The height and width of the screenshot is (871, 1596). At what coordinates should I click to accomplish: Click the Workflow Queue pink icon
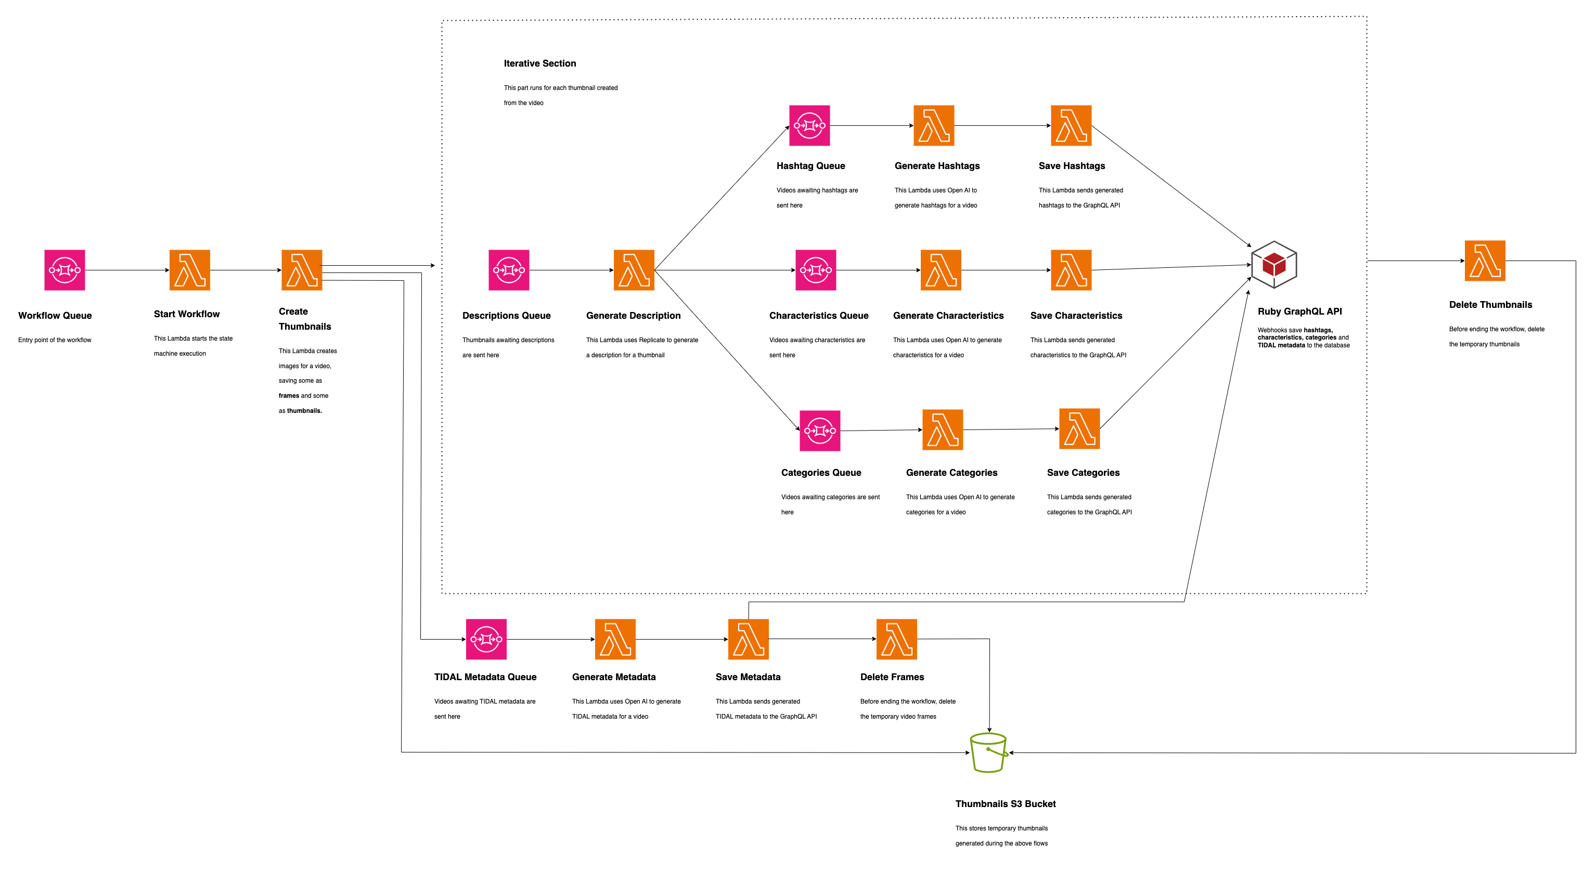point(65,270)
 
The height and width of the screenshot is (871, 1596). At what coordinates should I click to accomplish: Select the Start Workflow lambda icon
point(189,270)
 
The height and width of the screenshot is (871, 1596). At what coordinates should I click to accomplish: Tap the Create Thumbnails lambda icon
point(302,270)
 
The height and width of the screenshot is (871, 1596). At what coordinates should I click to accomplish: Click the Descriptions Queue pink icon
point(509,270)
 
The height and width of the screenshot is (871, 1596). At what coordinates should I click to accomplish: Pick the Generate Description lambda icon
point(634,270)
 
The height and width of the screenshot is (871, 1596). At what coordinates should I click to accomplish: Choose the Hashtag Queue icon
point(809,126)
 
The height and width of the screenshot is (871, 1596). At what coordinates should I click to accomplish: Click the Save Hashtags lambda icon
point(1071,126)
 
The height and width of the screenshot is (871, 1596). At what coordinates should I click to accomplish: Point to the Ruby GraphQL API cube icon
point(1274,265)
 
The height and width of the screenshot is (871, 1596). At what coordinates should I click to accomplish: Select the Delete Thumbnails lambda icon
point(1485,261)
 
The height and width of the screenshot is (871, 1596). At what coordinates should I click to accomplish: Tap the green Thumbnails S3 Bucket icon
point(988,752)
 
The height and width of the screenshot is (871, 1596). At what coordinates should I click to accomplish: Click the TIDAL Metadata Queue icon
point(486,639)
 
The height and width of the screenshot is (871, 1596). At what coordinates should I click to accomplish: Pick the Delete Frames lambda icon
point(896,639)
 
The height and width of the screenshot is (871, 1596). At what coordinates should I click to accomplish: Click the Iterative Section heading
point(539,63)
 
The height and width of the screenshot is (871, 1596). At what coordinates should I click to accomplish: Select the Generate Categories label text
point(951,473)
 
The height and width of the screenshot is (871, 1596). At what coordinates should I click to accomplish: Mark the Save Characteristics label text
point(1076,315)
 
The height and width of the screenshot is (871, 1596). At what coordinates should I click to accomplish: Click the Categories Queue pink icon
point(820,431)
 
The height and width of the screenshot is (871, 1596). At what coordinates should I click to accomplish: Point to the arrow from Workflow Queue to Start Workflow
point(127,270)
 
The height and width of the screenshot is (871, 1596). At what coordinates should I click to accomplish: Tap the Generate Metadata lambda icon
point(615,639)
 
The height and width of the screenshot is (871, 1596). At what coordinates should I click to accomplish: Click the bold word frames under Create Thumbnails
point(289,396)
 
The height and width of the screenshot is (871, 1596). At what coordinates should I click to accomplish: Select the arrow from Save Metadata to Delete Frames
point(822,639)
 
